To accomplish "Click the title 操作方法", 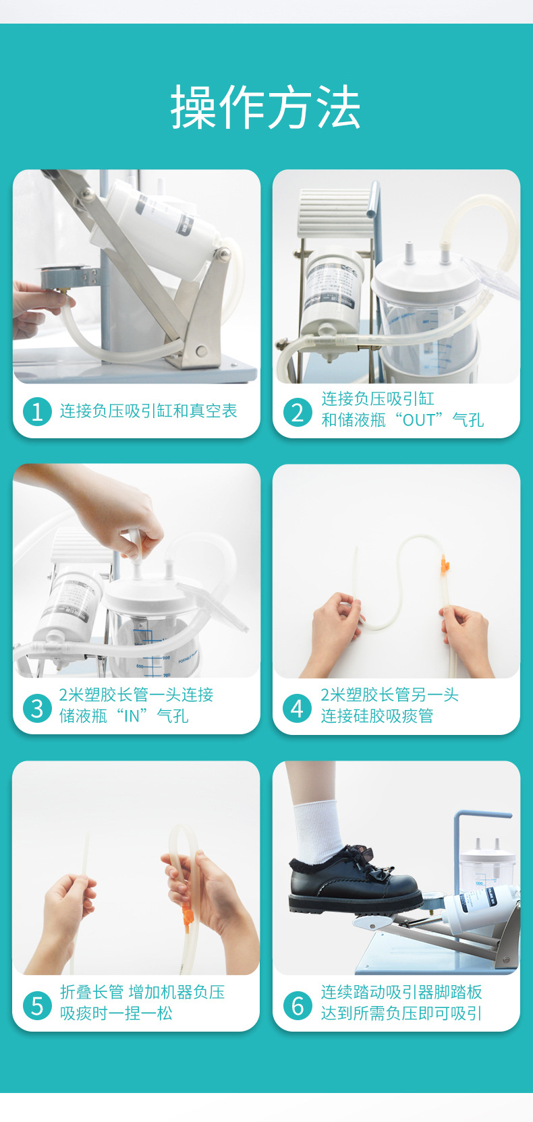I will click(266, 108).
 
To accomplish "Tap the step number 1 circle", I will click(37, 411).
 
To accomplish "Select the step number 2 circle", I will click(297, 411).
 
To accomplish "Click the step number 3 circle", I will click(37, 708).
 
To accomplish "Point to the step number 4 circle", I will click(297, 708).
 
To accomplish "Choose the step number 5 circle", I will click(37, 1005).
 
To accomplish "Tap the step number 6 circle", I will click(297, 1005).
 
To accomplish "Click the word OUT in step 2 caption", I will click(418, 420).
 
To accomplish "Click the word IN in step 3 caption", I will click(132, 716).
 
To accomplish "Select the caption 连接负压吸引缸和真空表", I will click(148, 411).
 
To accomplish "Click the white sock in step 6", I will click(317, 829).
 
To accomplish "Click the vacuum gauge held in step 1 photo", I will click(63, 278).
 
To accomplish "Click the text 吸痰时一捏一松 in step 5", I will click(116, 1013).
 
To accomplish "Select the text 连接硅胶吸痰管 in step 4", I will click(376, 716).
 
